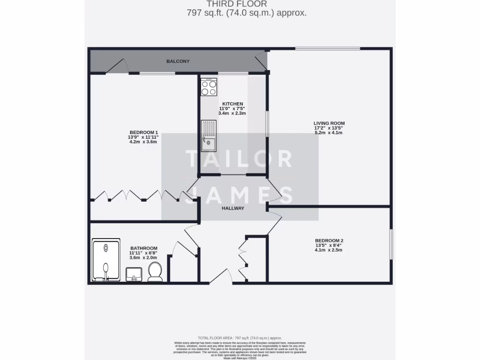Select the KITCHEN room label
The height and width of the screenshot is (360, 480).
coord(232,104)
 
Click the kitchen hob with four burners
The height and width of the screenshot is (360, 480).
coord(209,87)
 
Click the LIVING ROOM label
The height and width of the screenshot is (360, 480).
coord(329,123)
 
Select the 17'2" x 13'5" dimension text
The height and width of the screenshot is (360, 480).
coord(329,128)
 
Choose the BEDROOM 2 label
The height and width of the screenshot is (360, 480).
coord(329,241)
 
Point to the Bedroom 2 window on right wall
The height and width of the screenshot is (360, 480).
coord(390,244)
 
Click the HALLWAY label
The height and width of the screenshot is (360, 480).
coord(233,209)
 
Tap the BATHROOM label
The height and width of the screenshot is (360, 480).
coord(143,248)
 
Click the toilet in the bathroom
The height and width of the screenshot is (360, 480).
coord(155,271)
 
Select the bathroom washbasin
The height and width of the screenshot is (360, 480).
coord(134,274)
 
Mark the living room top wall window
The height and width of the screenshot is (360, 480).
coord(327,48)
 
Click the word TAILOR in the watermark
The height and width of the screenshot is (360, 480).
coord(239,159)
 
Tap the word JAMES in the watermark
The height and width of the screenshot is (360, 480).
coord(239,195)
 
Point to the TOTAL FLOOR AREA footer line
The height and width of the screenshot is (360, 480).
coord(240,338)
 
